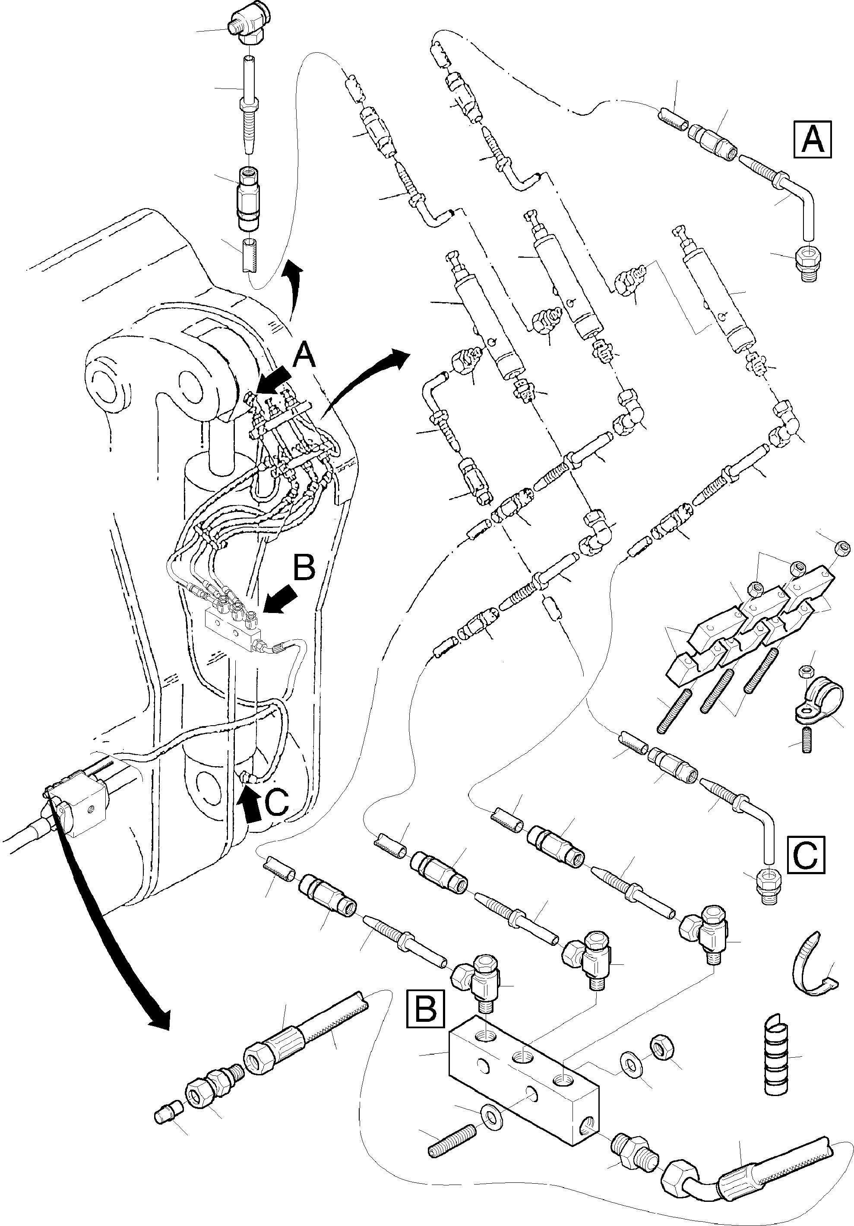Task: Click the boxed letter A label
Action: pyautogui.click(x=813, y=139)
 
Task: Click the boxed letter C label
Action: pyautogui.click(x=806, y=855)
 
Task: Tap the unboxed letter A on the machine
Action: pyautogui.click(x=304, y=355)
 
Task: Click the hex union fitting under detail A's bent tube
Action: pyautogui.click(x=808, y=263)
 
